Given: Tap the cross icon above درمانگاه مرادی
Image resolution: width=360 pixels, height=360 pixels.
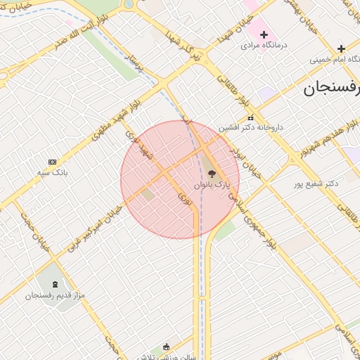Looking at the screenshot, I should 264,34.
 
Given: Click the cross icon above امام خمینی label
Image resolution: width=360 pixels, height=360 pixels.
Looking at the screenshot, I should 341,49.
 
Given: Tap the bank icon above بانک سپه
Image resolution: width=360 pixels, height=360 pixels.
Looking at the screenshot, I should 52,162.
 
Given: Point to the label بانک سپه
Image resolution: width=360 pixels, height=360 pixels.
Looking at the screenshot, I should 53,172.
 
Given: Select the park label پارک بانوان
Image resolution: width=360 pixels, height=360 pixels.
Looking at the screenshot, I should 212,185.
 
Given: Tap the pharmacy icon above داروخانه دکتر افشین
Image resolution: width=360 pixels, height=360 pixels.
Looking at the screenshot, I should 250,118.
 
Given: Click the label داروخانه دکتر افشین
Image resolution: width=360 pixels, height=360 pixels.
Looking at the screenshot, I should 250,128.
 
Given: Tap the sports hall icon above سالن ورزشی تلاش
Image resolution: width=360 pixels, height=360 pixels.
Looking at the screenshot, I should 166,347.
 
